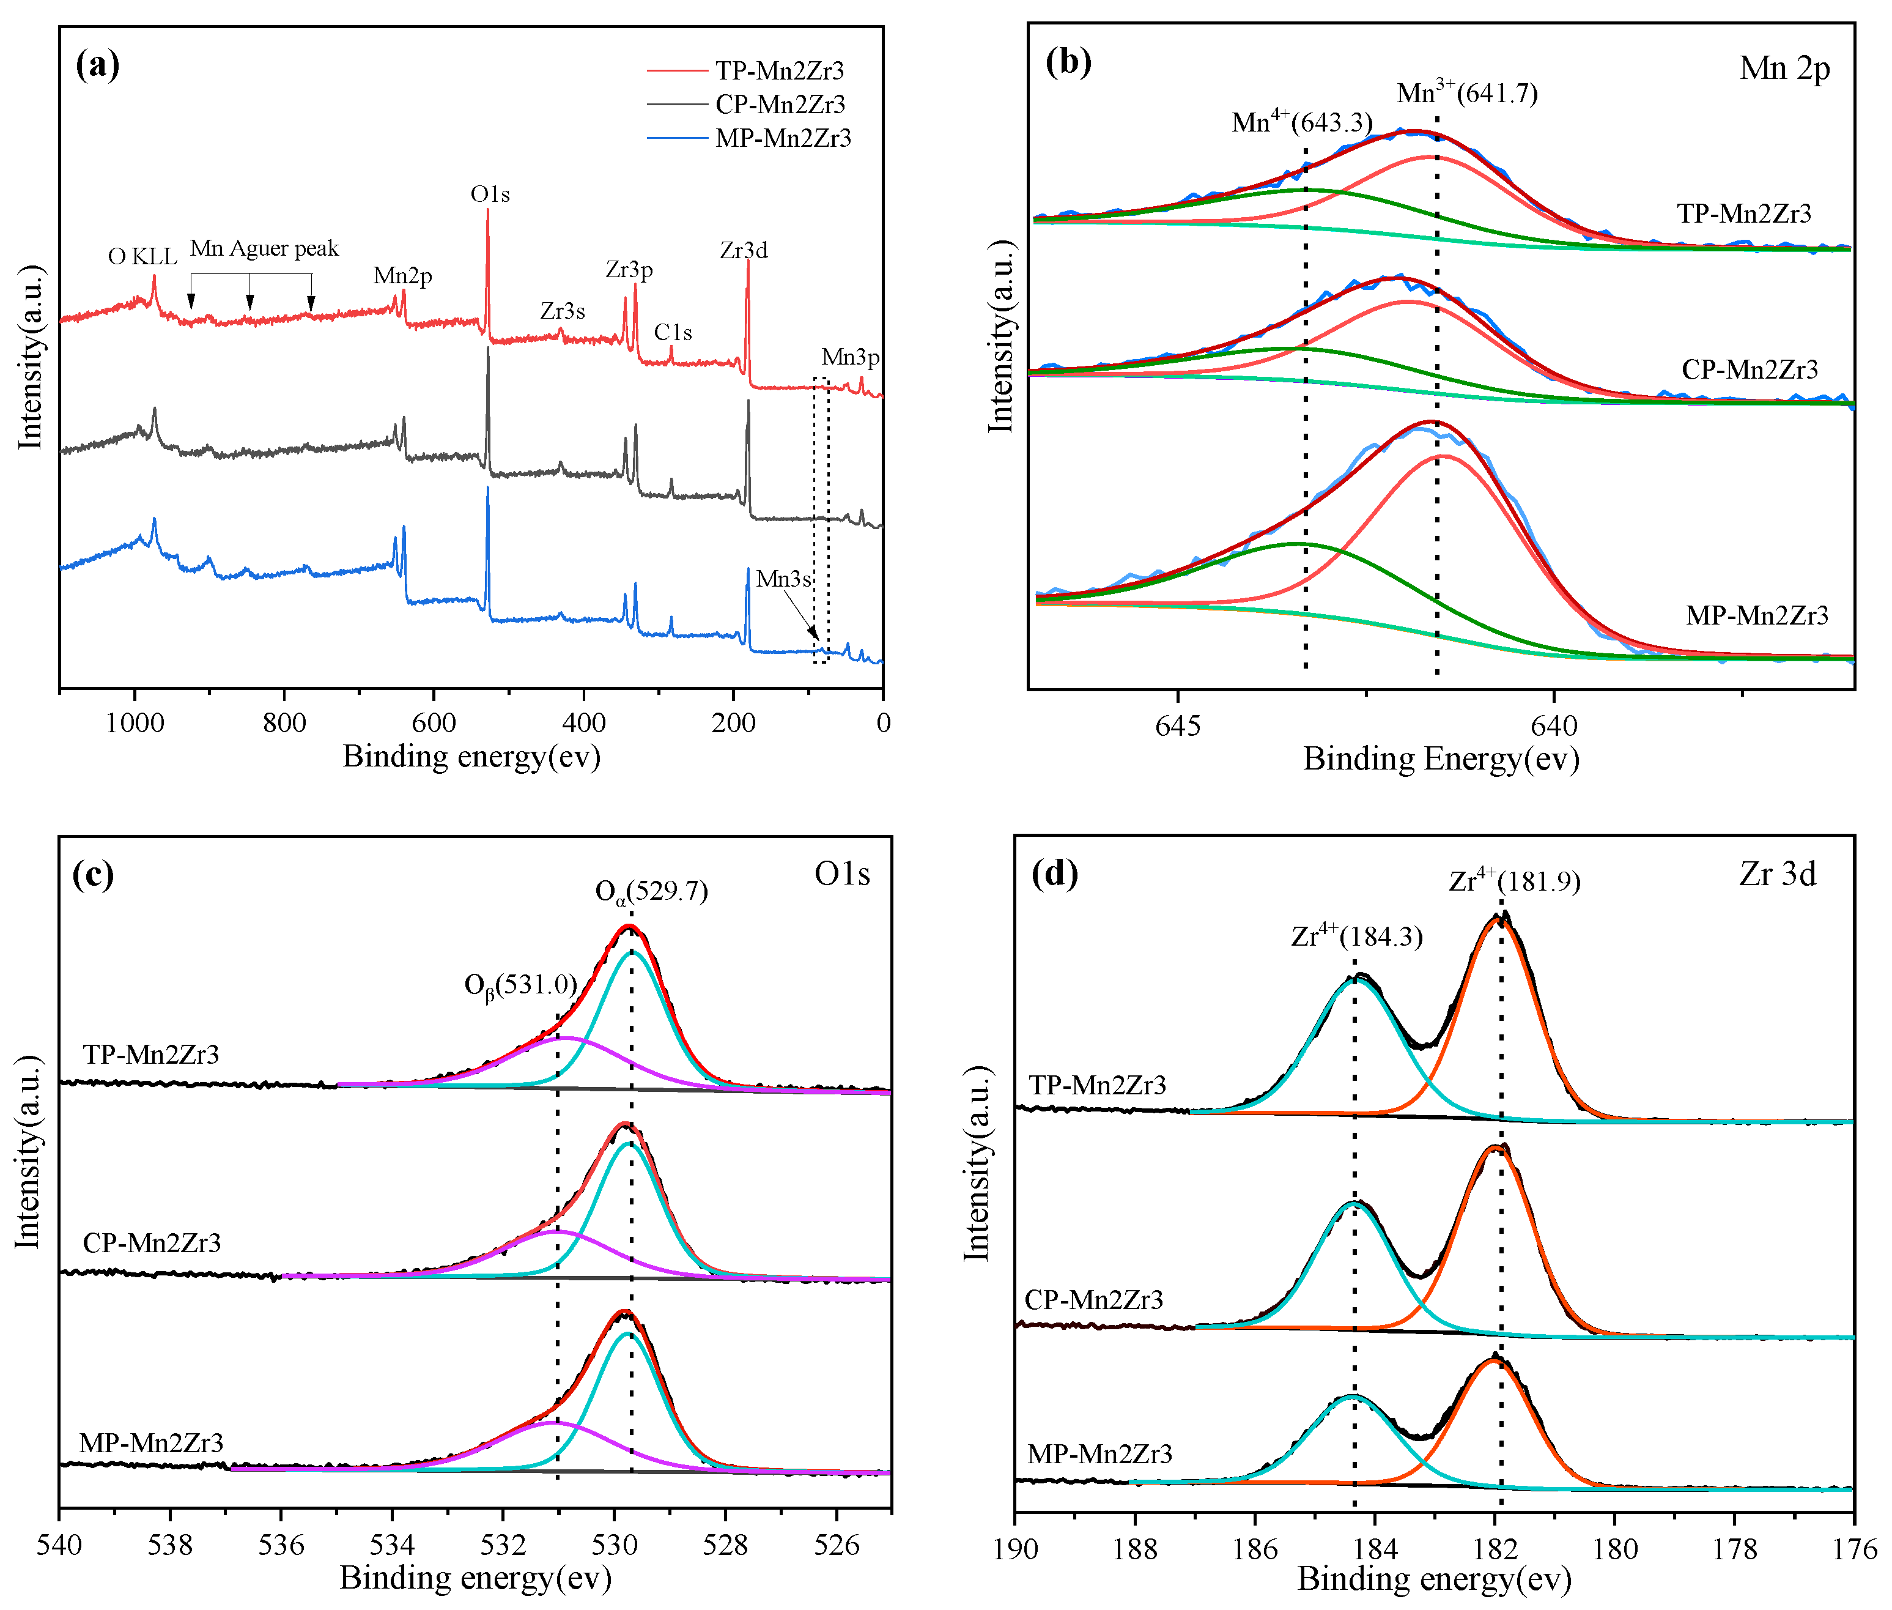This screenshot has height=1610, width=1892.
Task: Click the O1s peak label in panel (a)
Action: [490, 195]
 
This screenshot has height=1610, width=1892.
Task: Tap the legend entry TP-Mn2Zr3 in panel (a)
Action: [779, 70]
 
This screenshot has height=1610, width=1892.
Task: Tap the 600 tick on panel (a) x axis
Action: [434, 724]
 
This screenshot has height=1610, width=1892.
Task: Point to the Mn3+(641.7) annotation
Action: [1466, 92]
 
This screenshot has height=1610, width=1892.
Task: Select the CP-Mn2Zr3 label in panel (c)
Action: [152, 1243]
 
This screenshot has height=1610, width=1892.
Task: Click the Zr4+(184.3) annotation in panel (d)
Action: [1356, 937]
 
